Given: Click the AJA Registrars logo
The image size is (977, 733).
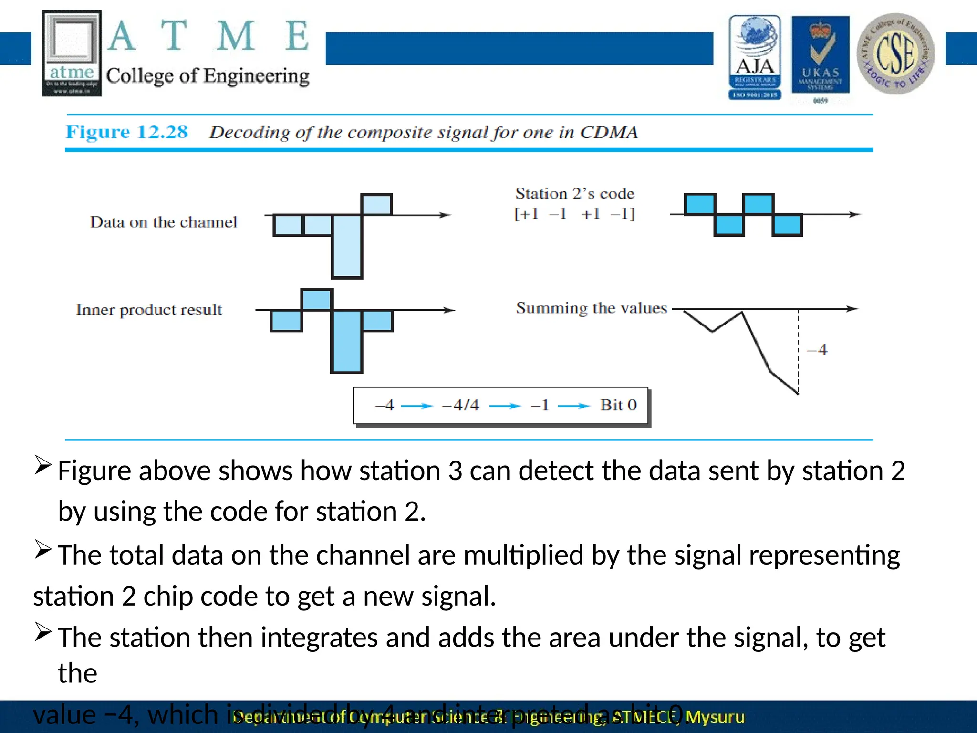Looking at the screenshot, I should pyautogui.click(x=755, y=57).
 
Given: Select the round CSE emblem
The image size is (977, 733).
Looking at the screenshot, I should pyautogui.click(x=895, y=53).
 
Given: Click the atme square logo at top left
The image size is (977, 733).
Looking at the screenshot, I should pyautogui.click(x=72, y=53).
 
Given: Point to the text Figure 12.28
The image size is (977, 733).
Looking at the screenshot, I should pyautogui.click(x=127, y=132).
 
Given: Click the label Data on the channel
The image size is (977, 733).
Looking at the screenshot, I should pyautogui.click(x=163, y=222).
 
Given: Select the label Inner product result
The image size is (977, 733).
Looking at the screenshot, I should pyautogui.click(x=149, y=310).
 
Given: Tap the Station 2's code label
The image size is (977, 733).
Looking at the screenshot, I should pyautogui.click(x=575, y=194).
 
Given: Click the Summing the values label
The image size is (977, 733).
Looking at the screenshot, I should pyautogui.click(x=591, y=308).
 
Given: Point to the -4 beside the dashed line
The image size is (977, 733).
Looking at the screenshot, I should pyautogui.click(x=817, y=350).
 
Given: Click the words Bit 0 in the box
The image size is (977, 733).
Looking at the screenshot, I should pyautogui.click(x=618, y=405).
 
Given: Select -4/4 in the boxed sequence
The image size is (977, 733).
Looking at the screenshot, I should pyautogui.click(x=460, y=405).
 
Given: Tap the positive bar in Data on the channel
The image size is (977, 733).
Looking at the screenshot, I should pyautogui.click(x=376, y=205).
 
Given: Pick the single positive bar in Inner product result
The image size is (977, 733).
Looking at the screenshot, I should pyautogui.click(x=317, y=300).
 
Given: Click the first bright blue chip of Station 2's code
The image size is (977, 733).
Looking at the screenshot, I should pyautogui.click(x=700, y=204).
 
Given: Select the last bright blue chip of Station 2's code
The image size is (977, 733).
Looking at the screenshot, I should pyautogui.click(x=787, y=225).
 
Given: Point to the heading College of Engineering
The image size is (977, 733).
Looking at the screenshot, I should pyautogui.click(x=208, y=76).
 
